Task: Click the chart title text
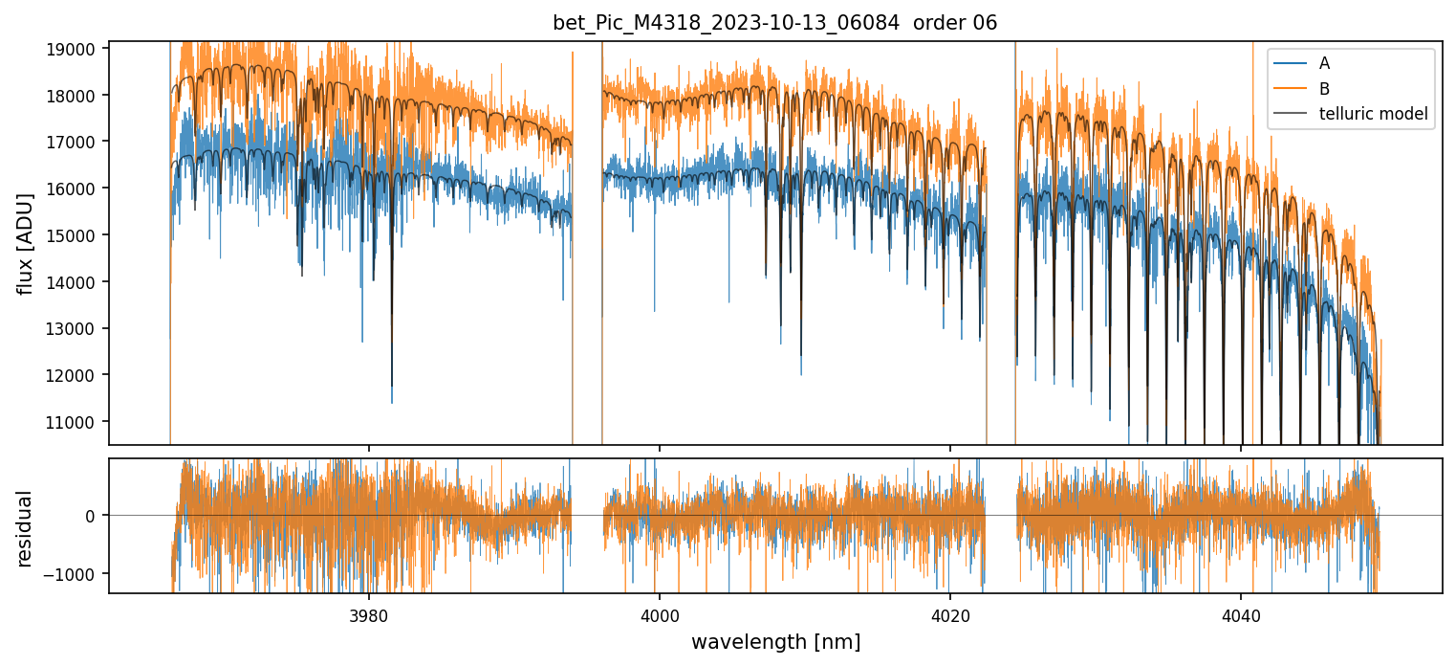(x=774, y=23)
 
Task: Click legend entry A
(x=1324, y=63)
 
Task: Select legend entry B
(x=1324, y=89)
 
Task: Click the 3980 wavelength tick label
(x=369, y=614)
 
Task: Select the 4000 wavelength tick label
(x=660, y=614)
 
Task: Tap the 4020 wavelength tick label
(x=950, y=614)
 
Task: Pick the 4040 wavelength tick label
(x=1241, y=614)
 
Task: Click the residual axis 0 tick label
(x=90, y=516)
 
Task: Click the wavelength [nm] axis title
(x=775, y=641)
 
